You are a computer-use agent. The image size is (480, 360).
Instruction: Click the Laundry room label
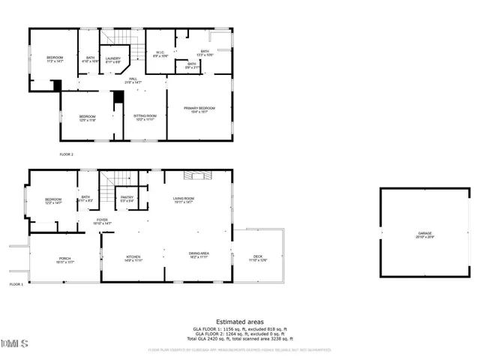[113, 60]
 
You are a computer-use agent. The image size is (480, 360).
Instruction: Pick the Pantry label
[127, 199]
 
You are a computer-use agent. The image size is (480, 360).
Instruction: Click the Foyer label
[102, 221]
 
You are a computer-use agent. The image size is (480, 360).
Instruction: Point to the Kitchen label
[133, 259]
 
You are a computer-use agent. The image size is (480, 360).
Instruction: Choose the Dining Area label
[199, 256]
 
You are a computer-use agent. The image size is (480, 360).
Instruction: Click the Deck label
[257, 259]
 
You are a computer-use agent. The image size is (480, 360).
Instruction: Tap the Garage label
[425, 235]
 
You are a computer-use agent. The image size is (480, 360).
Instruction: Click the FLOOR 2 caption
[67, 154]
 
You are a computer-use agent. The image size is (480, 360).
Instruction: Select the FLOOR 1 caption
[16, 285]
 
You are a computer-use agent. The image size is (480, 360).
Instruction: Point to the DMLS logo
[14, 343]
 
